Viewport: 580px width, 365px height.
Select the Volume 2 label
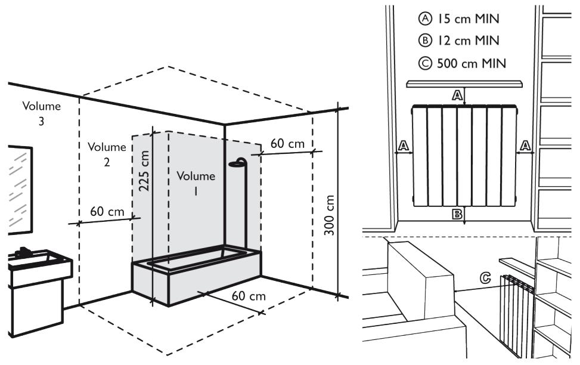107,154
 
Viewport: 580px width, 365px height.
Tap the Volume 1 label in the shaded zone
196,183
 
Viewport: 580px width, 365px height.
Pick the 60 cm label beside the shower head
287,144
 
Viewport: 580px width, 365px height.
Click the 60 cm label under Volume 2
107,212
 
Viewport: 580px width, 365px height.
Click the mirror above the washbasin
19,189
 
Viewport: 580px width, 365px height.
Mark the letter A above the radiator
457,95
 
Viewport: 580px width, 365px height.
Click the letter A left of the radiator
403,145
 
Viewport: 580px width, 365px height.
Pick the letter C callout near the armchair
486,278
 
